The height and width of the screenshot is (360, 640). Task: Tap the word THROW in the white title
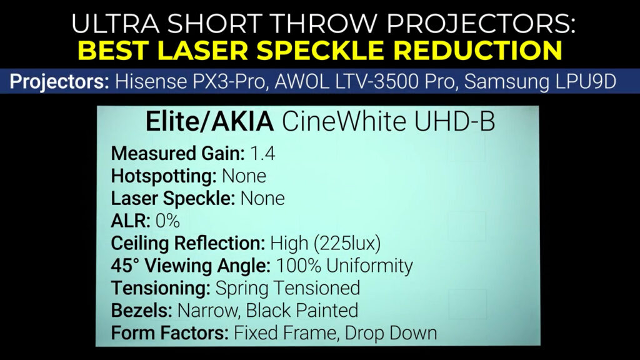click(319, 24)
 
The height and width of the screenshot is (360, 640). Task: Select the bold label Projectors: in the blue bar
click(59, 82)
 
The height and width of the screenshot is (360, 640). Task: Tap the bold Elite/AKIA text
click(209, 122)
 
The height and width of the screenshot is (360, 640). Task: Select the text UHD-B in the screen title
click(454, 122)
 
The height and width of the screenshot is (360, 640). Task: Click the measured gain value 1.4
click(262, 154)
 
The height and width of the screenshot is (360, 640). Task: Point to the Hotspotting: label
click(164, 176)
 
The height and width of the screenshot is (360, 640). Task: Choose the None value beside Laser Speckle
click(262, 199)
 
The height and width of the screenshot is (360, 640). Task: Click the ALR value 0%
click(167, 221)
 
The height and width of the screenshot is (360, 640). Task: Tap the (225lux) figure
click(347, 244)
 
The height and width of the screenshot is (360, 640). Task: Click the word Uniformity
click(369, 266)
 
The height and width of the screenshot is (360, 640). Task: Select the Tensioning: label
click(161, 289)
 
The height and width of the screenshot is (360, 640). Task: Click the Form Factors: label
click(170, 333)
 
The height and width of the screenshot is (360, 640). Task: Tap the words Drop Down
click(391, 333)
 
